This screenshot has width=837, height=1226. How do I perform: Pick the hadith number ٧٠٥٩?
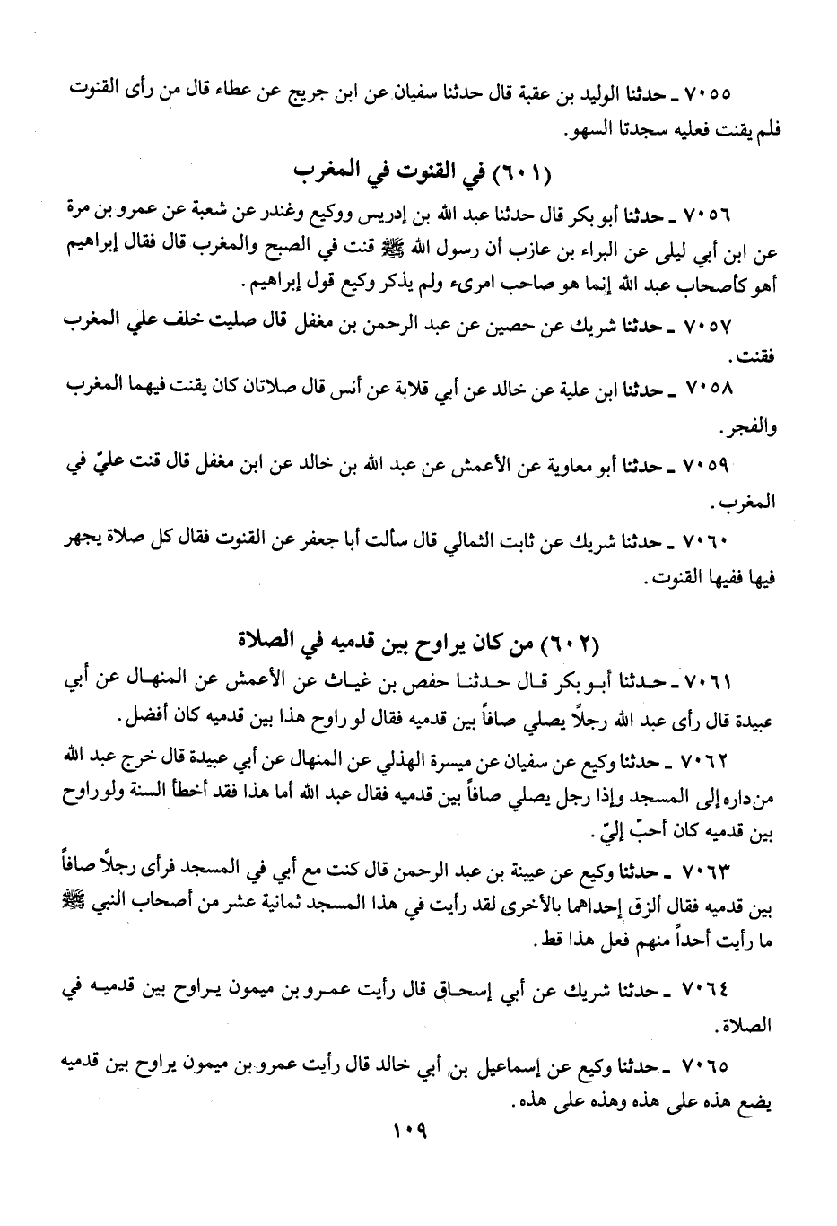(x=709, y=467)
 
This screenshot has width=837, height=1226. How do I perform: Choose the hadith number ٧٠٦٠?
(x=709, y=544)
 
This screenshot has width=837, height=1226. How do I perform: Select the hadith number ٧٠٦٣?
(x=709, y=871)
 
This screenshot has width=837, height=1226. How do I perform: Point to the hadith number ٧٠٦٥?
(x=709, y=1066)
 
